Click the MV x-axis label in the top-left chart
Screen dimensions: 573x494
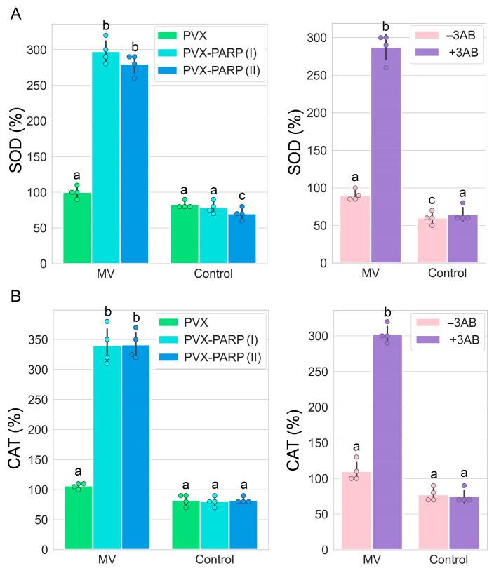(x=106, y=274)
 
